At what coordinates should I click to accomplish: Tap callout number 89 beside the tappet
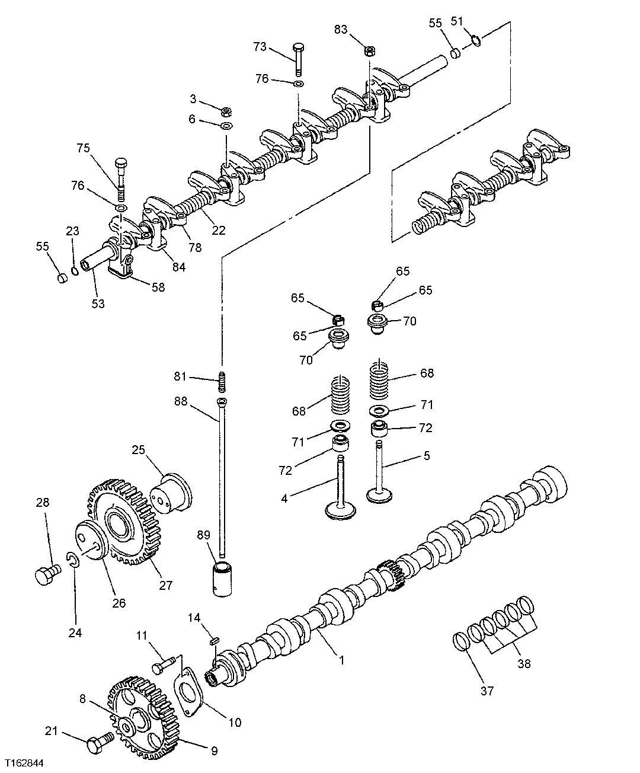click(203, 535)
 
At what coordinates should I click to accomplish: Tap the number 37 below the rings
click(487, 690)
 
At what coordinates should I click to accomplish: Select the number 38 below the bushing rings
click(524, 664)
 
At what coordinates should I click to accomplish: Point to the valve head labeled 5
click(380, 493)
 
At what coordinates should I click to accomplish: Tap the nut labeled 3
click(225, 111)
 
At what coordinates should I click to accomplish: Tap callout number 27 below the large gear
click(166, 585)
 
